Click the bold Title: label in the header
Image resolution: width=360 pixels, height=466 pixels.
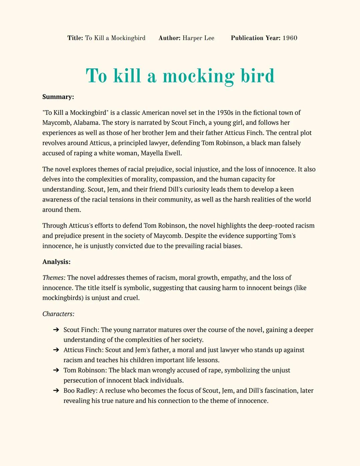(x=75, y=38)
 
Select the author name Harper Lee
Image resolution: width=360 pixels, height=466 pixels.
(x=198, y=38)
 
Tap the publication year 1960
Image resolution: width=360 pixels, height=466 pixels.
(x=290, y=38)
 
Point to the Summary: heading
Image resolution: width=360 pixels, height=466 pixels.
(x=58, y=97)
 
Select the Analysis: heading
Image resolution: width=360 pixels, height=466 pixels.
(x=56, y=262)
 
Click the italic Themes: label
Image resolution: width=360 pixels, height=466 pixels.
(x=54, y=278)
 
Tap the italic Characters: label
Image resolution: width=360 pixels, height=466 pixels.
(x=58, y=314)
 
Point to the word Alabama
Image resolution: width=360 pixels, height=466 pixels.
(x=86, y=123)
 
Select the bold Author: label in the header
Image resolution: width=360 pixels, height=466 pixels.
(x=169, y=38)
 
